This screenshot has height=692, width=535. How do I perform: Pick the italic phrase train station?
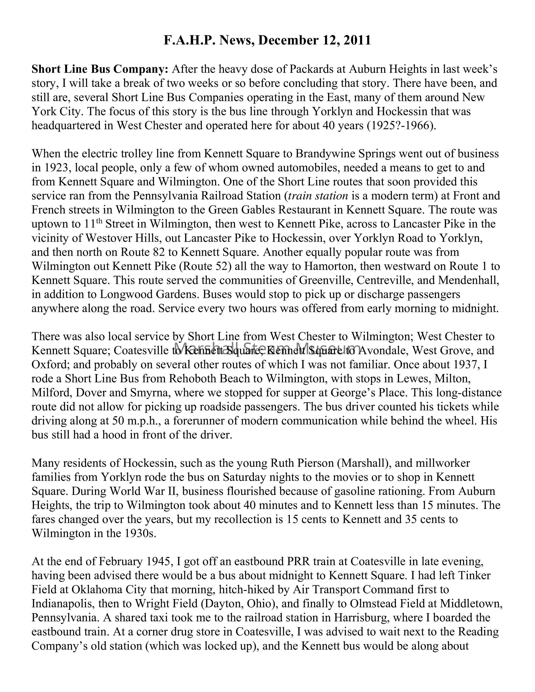[318, 196]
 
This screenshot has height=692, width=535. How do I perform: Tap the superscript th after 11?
[99, 221]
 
